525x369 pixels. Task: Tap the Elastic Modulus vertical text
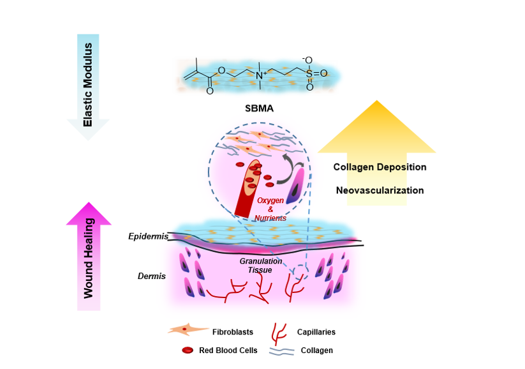(x=89, y=84)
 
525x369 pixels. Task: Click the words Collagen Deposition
(x=380, y=167)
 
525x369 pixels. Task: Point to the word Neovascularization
(x=380, y=190)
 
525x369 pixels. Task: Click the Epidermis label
(x=148, y=236)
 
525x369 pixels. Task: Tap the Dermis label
(x=152, y=276)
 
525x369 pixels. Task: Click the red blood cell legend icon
(x=188, y=350)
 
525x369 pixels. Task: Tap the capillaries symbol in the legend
(x=278, y=331)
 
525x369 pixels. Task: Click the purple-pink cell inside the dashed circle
(x=297, y=190)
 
